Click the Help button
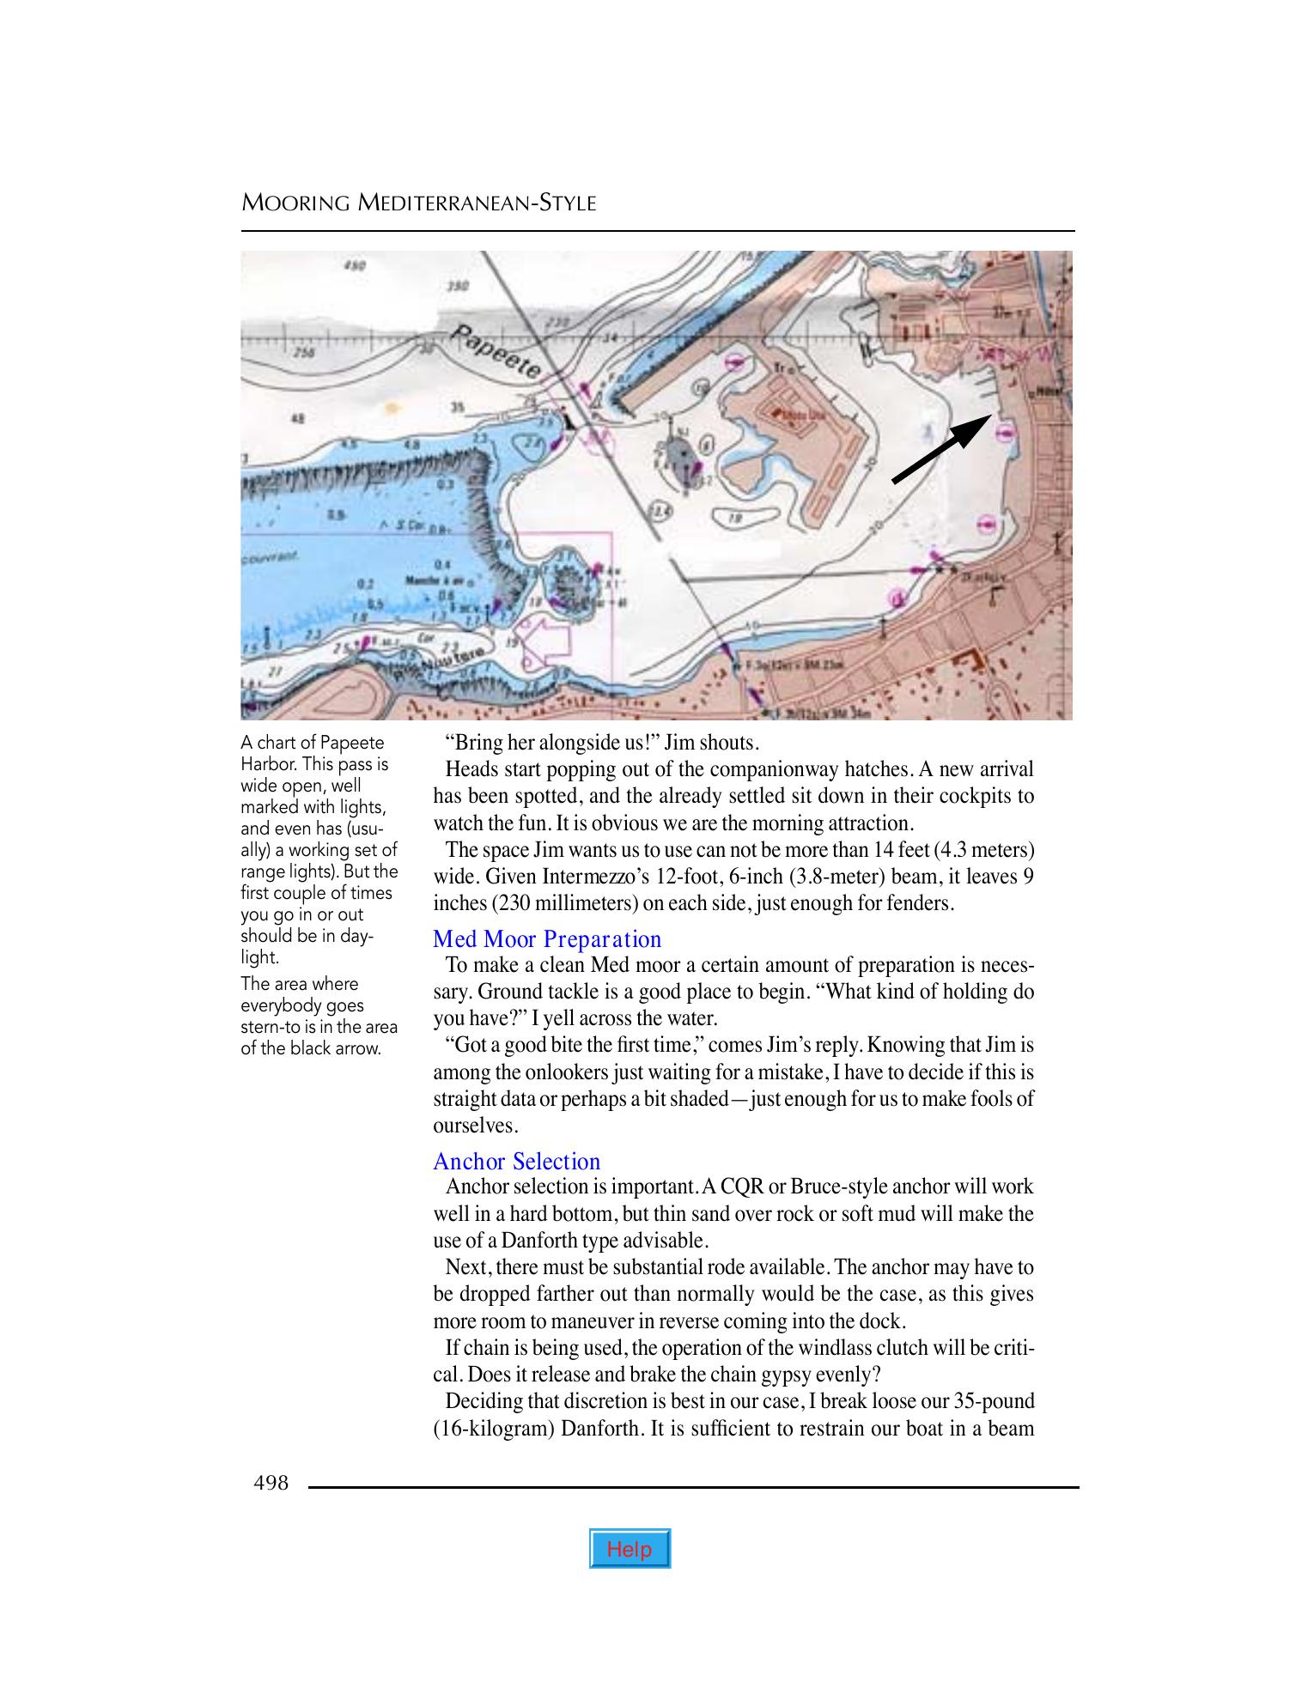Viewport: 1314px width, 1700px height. pyautogui.click(x=630, y=1549)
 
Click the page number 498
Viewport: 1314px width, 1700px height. pyautogui.click(x=271, y=1483)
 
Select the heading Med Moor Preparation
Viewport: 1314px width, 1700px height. pyautogui.click(x=547, y=939)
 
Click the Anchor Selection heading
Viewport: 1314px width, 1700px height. pyautogui.click(x=516, y=1162)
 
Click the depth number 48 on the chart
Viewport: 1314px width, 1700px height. pyautogui.click(x=298, y=420)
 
